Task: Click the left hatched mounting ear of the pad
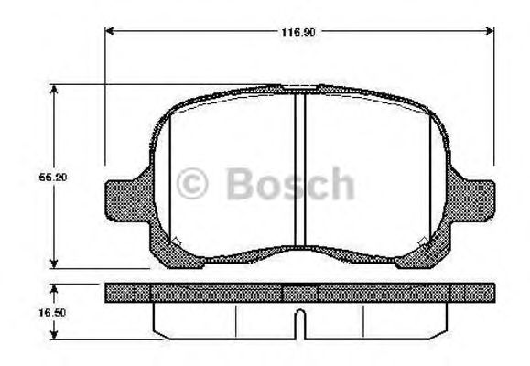(x=123, y=200)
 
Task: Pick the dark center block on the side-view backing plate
(x=298, y=293)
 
